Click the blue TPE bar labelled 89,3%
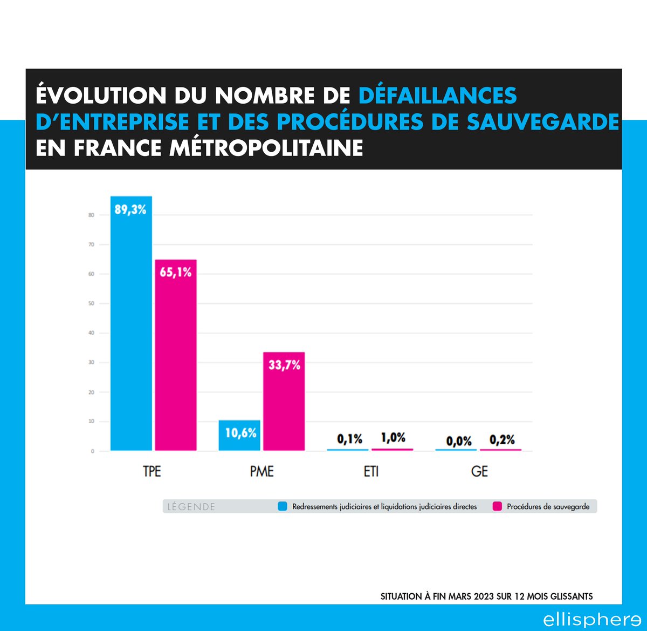(x=131, y=324)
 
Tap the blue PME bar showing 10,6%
(x=239, y=435)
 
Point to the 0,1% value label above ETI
(x=349, y=439)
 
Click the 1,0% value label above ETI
(x=393, y=438)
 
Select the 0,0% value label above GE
(x=459, y=441)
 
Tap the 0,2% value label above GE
(x=502, y=440)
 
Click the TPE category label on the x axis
(x=152, y=471)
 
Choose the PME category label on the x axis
(x=262, y=471)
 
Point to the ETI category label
(x=371, y=471)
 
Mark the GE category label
(x=479, y=471)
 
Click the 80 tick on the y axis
(x=91, y=215)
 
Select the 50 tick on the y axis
(x=91, y=303)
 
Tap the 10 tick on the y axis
(x=91, y=422)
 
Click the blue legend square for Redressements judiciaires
(x=283, y=506)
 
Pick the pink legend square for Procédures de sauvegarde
(x=497, y=506)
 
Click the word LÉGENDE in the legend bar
(x=191, y=507)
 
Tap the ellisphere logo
(x=591, y=619)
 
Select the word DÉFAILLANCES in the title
(x=437, y=96)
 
